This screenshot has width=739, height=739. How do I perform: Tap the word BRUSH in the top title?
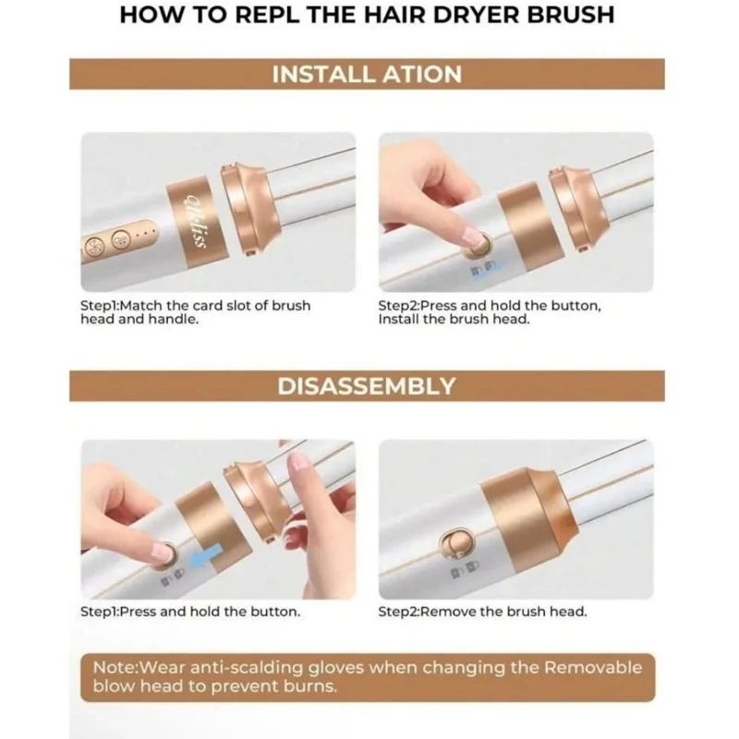coord(570,15)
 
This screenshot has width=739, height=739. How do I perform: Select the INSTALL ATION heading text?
coord(367,75)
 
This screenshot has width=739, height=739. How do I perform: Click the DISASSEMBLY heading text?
coord(366,386)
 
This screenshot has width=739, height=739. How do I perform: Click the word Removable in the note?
coord(593,667)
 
